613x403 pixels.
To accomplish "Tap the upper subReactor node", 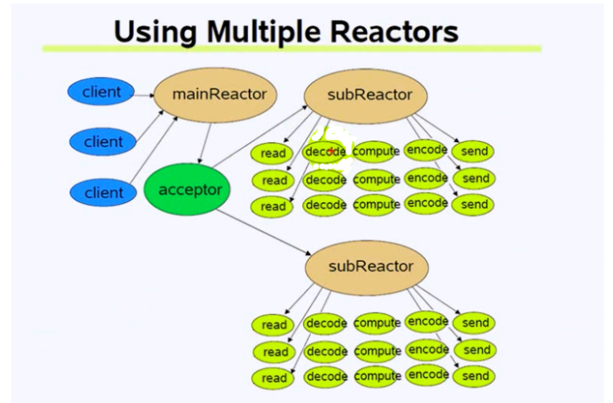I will (370, 95).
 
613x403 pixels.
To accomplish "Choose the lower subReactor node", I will (370, 266).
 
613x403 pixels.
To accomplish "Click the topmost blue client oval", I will (102, 92).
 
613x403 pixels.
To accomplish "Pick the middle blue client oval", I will (104, 142).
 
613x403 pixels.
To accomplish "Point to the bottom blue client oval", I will (104, 193).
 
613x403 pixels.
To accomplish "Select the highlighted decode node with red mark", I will (325, 151).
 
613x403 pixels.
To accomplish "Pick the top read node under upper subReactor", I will (274, 153).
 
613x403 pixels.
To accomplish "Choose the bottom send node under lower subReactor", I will (476, 376).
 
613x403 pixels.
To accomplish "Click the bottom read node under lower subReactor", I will (274, 377).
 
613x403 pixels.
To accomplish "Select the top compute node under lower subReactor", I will (377, 323).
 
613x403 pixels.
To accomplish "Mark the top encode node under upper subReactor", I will (427, 149).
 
